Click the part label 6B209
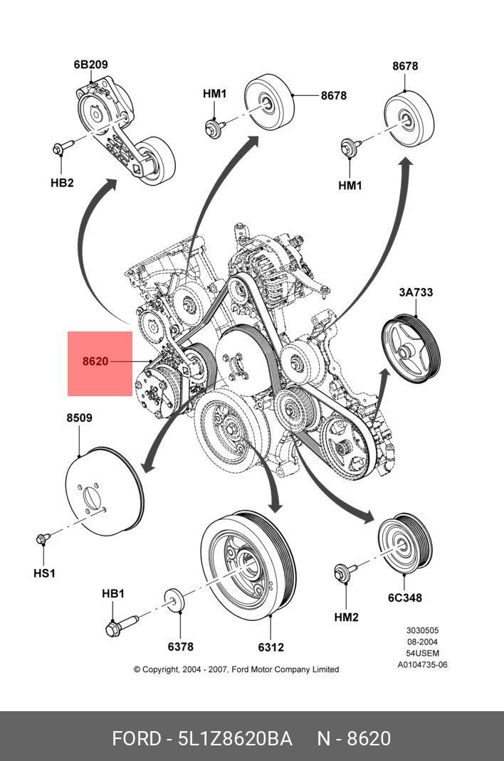pos(91,64)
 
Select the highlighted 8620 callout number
pos(95,361)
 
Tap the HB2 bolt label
pos(62,183)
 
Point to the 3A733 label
pos(416,292)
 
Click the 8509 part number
pos(79,418)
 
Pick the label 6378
pos(181,646)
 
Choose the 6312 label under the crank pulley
pos(271,647)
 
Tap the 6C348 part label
pos(405,598)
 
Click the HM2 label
pos(346,617)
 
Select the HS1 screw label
pos(44,573)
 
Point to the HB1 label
pos(113,594)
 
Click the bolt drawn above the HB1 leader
pos(122,625)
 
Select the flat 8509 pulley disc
pos(105,491)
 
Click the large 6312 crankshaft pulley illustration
pos(248,565)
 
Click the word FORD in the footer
pos(137,739)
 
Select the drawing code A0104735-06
pos(422,665)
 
